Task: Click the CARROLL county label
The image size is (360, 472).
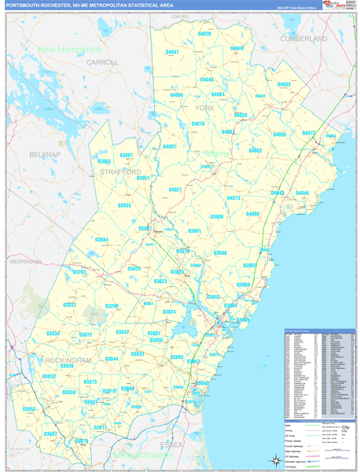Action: tap(102, 61)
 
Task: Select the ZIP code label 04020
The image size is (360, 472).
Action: tap(204, 34)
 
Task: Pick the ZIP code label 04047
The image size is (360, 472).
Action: tap(172, 52)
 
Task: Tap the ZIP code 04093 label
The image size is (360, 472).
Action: tap(284, 84)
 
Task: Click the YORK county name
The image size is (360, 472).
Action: tap(204, 107)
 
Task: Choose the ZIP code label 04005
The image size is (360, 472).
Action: tap(280, 135)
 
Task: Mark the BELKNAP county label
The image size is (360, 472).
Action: tap(45, 155)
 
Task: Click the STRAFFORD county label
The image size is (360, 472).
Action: tap(120, 171)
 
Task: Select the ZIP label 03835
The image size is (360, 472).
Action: tap(124, 205)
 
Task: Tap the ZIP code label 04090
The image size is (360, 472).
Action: tap(252, 214)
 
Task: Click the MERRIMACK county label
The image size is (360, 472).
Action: tap(26, 260)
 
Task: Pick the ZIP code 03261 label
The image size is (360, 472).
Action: tap(80, 272)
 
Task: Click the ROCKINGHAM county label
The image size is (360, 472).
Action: tap(69, 359)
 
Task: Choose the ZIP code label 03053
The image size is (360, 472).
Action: tap(29, 409)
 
